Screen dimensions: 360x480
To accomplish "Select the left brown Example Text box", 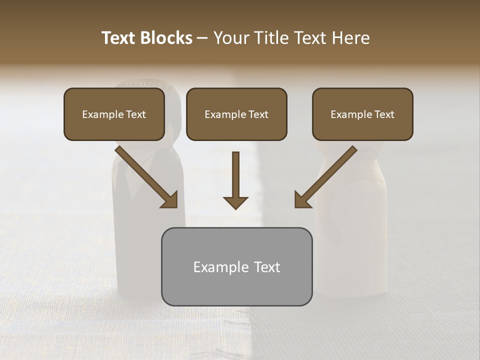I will (114, 114).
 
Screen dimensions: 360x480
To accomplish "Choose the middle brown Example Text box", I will (236, 114).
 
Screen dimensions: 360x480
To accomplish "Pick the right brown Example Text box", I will (362, 114).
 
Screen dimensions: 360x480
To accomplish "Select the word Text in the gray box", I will (266, 267).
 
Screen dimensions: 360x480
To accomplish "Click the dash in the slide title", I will (202, 38).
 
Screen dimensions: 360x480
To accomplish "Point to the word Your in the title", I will (229, 38).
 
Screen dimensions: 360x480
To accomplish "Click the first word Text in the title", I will (119, 38).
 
